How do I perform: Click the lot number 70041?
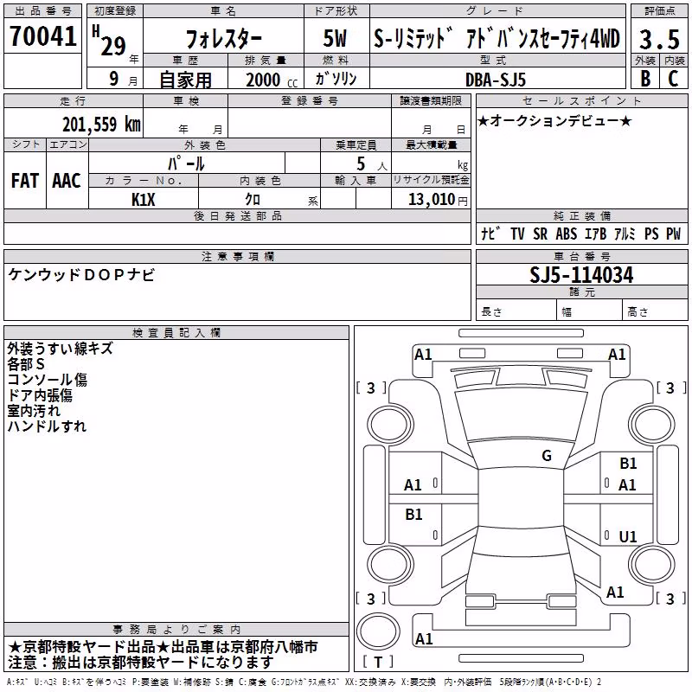pyautogui.click(x=42, y=35)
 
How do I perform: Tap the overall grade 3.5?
pyautogui.click(x=659, y=40)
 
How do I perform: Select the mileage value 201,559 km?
pyautogui.click(x=101, y=124)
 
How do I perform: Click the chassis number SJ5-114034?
pyautogui.click(x=581, y=275)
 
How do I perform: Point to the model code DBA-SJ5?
pyautogui.click(x=495, y=80)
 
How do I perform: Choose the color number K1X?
pyautogui.click(x=144, y=200)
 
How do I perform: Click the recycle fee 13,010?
pyautogui.click(x=432, y=200)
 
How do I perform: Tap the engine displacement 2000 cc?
pyautogui.click(x=272, y=80)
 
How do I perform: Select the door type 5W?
pyautogui.click(x=335, y=38)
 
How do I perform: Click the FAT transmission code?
pyautogui.click(x=25, y=181)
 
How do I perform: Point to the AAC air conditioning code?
pyautogui.click(x=67, y=181)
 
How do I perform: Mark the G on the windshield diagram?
pyautogui.click(x=547, y=455)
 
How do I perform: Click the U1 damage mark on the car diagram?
pyautogui.click(x=628, y=536)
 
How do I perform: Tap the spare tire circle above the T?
pyautogui.click(x=378, y=631)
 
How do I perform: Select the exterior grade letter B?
pyautogui.click(x=645, y=79)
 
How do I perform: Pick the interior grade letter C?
pyautogui.click(x=674, y=79)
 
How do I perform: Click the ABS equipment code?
pyautogui.click(x=567, y=234)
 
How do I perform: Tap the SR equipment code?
pyautogui.click(x=540, y=234)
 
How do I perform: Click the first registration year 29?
pyautogui.click(x=113, y=46)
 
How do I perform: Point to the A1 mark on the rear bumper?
pyautogui.click(x=424, y=638)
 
